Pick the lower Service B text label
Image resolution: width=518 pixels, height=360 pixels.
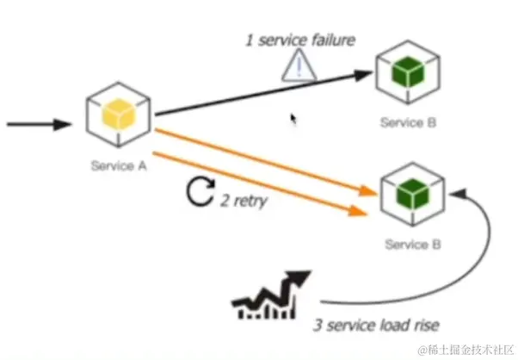[x=413, y=245]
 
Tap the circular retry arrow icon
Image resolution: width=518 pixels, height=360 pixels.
[x=200, y=193]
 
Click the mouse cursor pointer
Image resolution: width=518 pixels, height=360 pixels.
[x=294, y=118]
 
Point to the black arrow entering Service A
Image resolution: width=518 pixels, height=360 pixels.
[x=39, y=124]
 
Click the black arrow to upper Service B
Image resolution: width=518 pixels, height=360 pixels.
[x=258, y=94]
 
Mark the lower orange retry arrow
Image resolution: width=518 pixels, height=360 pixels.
[x=258, y=183]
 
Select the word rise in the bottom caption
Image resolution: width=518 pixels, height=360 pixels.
[x=425, y=326]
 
